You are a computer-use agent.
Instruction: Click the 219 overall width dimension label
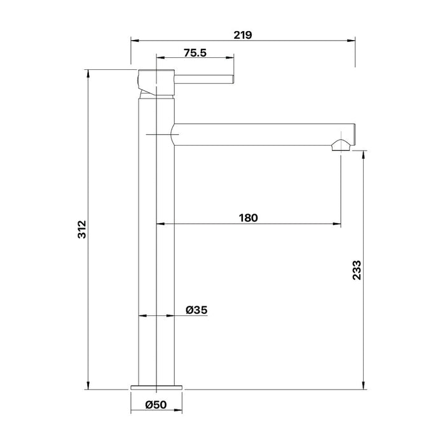coord(243,35)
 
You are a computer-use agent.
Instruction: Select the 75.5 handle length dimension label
coord(195,53)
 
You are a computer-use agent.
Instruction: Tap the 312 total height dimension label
coord(82,229)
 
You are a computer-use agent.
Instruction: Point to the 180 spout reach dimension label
coord(249,218)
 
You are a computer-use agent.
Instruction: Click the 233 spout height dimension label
coord(357,270)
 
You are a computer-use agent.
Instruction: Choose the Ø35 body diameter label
coord(196,310)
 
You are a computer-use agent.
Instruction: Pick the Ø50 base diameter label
coord(156,405)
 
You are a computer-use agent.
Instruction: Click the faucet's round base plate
coord(156,387)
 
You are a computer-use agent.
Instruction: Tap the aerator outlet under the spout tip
coord(341,145)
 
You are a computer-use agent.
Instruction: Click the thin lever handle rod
coord(204,79)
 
